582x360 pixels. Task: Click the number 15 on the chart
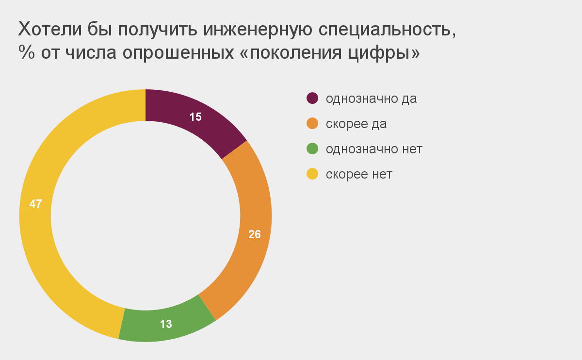pyautogui.click(x=195, y=117)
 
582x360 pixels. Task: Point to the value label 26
pyautogui.click(x=255, y=234)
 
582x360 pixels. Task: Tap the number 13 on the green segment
pyautogui.click(x=166, y=324)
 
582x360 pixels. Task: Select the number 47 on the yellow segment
pyautogui.click(x=35, y=204)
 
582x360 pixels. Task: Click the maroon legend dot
pyautogui.click(x=312, y=98)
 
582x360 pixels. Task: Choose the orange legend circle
pyautogui.click(x=312, y=124)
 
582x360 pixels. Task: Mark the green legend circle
pyautogui.click(x=312, y=149)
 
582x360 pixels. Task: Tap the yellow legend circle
pyautogui.click(x=312, y=174)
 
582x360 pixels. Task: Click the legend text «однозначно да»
pyautogui.click(x=371, y=98)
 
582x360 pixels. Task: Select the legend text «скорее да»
pyautogui.click(x=356, y=124)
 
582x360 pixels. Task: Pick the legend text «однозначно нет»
pyautogui.click(x=374, y=149)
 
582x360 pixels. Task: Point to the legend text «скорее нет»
pyautogui.click(x=359, y=174)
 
